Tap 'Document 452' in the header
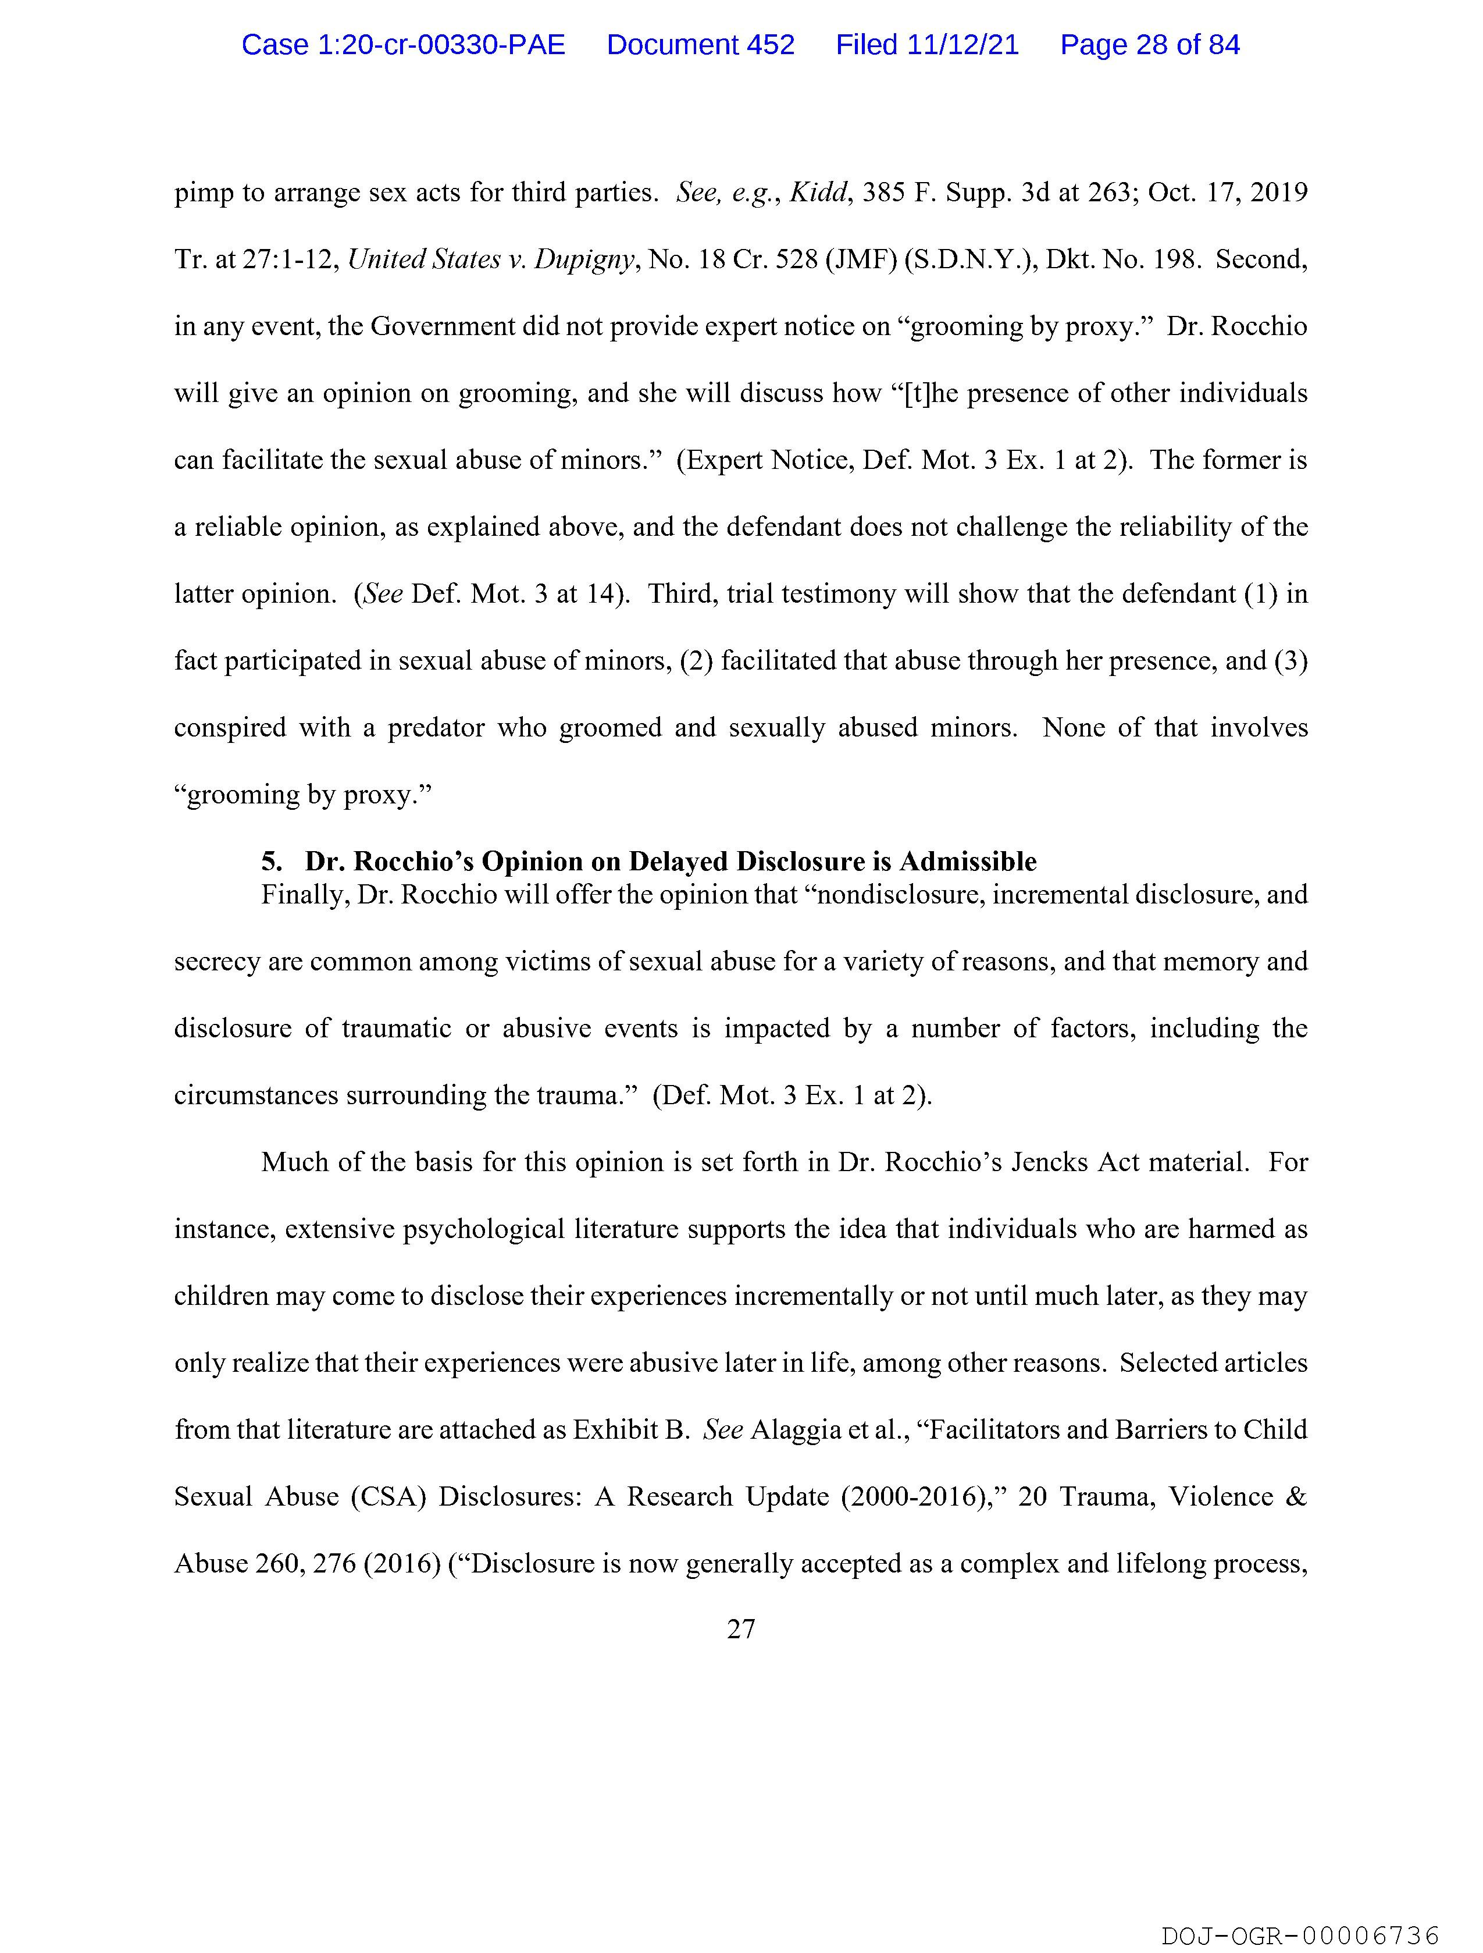(x=700, y=45)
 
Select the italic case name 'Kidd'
(x=818, y=193)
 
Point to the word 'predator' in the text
(x=436, y=728)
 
